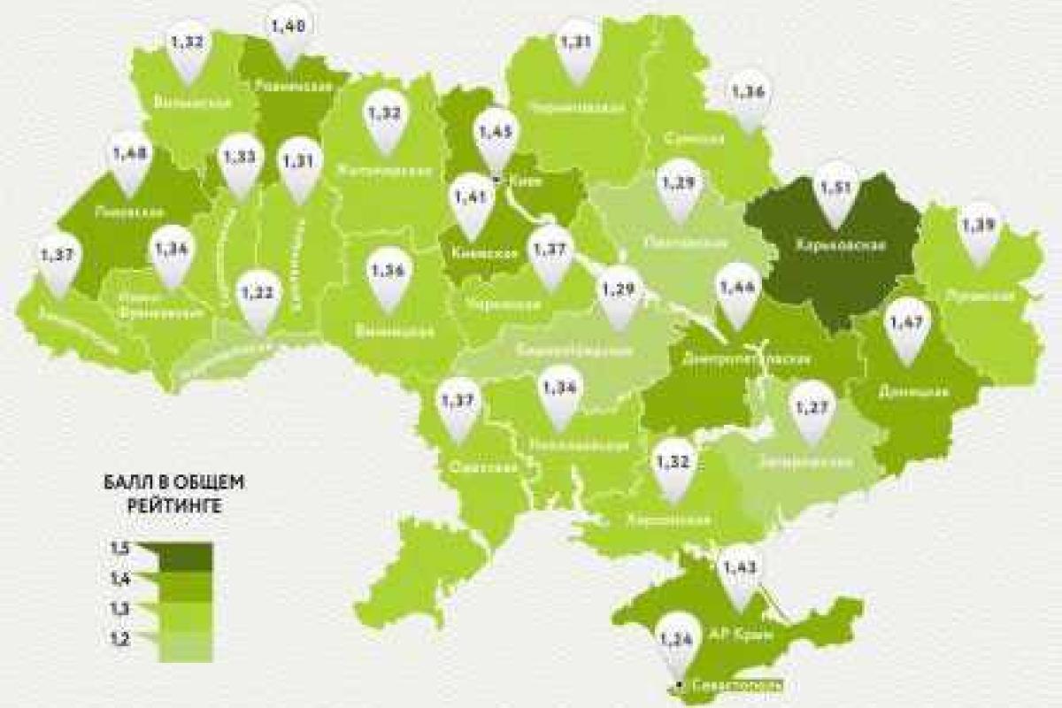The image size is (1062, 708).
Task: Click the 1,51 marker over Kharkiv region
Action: coord(837,188)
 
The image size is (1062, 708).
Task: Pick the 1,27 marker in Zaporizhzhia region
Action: coord(811,410)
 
